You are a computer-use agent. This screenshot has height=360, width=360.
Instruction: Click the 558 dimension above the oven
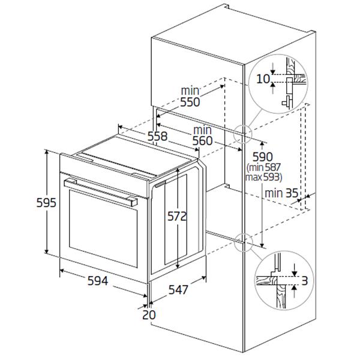click(x=157, y=137)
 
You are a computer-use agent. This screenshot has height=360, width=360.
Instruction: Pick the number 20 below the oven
click(x=149, y=314)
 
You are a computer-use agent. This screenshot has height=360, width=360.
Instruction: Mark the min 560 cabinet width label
click(x=202, y=136)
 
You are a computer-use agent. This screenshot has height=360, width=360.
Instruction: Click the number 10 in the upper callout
click(x=262, y=79)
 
